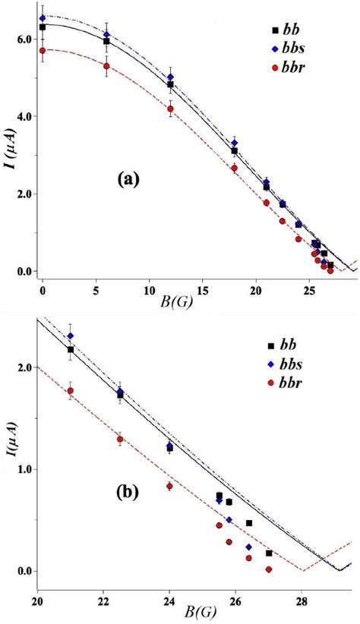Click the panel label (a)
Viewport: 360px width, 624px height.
(128, 179)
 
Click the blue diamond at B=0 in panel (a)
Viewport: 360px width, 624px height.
(43, 17)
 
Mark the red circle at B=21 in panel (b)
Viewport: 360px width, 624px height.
(71, 391)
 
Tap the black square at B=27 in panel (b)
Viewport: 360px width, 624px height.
(269, 553)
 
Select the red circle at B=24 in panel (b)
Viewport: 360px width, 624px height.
(169, 486)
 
